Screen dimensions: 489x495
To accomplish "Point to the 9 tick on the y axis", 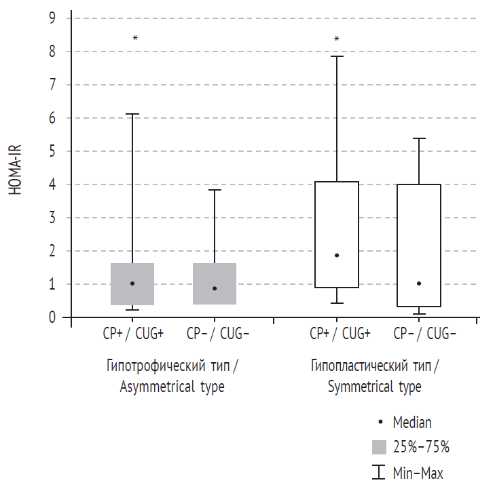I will pyautogui.click(x=52, y=18).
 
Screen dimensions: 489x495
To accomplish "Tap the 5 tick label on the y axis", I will pyautogui.click(x=52, y=151).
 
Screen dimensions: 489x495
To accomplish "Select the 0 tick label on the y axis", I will pyautogui.click(x=52, y=317).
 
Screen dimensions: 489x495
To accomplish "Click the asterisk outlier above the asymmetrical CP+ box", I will pyautogui.click(x=135, y=38).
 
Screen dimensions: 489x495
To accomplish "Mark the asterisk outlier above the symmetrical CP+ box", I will pyautogui.click(x=337, y=39).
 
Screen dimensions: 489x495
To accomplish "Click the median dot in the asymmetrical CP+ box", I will pyautogui.click(x=132, y=283).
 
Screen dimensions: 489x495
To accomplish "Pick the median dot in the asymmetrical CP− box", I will pyautogui.click(x=215, y=288).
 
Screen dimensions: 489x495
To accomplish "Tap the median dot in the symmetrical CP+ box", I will pyautogui.click(x=337, y=255).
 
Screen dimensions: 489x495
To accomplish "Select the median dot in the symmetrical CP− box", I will pyautogui.click(x=419, y=283).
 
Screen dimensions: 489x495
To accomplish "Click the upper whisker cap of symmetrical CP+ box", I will pyautogui.click(x=337, y=56).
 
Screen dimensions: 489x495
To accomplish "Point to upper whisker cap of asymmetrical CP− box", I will pyautogui.click(x=215, y=190).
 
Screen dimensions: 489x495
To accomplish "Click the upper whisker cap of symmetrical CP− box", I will pyautogui.click(x=419, y=138).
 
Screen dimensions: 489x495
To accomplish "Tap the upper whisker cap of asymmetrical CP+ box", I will pyautogui.click(x=132, y=114).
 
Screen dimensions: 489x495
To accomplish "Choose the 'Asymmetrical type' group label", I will pyautogui.click(x=172, y=387).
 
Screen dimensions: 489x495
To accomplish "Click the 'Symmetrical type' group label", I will pyautogui.click(x=374, y=387).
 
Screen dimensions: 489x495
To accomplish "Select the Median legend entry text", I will pyautogui.click(x=412, y=422).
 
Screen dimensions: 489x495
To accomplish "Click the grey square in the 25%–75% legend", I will pyautogui.click(x=380, y=446).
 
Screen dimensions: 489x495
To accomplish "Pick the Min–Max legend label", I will pyautogui.click(x=418, y=471).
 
